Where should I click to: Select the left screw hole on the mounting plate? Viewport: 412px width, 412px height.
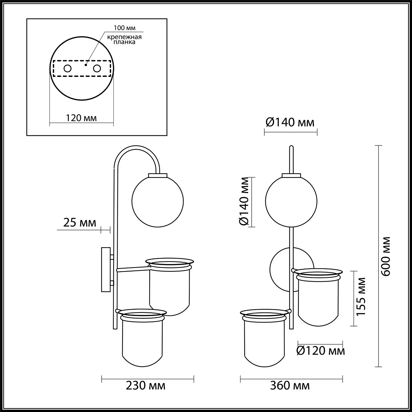point(68,68)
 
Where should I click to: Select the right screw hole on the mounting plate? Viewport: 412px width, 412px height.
point(97,68)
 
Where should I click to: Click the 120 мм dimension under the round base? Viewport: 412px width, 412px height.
point(81,118)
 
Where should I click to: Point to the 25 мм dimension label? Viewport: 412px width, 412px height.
point(79,223)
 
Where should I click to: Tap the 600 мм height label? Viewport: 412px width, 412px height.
point(385,256)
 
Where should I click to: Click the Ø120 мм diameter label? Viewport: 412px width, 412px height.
point(320,351)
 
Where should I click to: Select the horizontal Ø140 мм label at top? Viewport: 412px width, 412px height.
point(290,122)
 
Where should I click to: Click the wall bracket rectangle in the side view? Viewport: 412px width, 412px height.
point(106,269)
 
